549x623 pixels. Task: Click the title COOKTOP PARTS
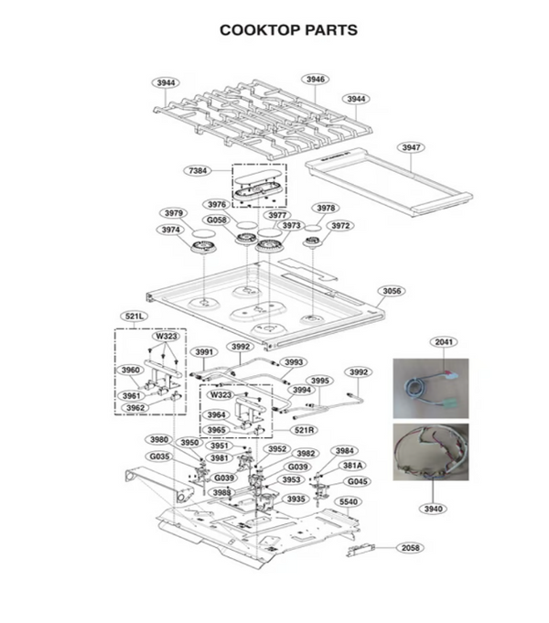[288, 30]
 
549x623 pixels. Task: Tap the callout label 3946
[315, 80]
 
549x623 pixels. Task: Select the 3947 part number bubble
[411, 147]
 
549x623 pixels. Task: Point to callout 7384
[198, 171]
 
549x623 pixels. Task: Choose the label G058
[217, 220]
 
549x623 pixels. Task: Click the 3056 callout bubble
[392, 291]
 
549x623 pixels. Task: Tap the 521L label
[134, 317]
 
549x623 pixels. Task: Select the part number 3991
[204, 351]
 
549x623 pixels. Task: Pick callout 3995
[319, 381]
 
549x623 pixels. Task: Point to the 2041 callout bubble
[444, 341]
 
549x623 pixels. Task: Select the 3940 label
[434, 509]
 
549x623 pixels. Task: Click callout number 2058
[411, 547]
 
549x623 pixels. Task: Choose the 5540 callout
[349, 502]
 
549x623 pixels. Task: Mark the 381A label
[352, 465]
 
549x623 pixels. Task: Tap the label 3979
[173, 213]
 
